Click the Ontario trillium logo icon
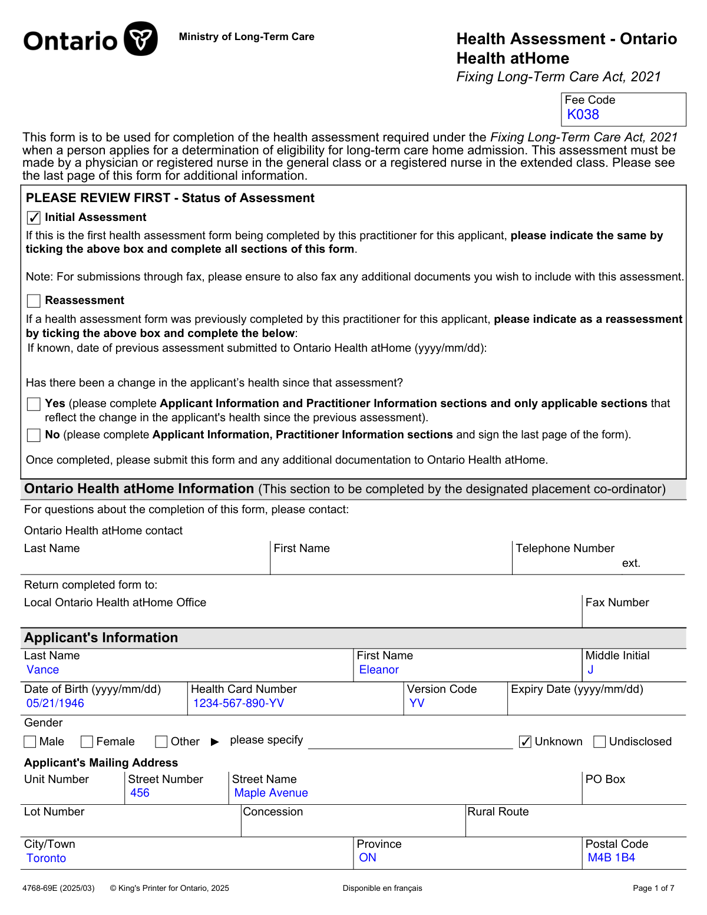click(x=141, y=39)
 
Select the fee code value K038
click(x=583, y=115)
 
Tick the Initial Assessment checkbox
click(x=34, y=218)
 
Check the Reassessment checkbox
click(x=34, y=301)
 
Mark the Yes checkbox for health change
click(x=34, y=404)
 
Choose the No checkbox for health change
click(x=34, y=435)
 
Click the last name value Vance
click(x=43, y=670)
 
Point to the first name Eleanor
click(x=379, y=670)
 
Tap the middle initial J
click(x=590, y=670)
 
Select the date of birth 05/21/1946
click(x=55, y=703)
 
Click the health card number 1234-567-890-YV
click(x=239, y=703)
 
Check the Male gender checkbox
click(x=30, y=742)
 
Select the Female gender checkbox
click(x=87, y=742)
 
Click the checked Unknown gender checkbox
click(x=526, y=742)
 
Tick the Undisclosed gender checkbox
click(x=600, y=742)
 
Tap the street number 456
click(x=140, y=793)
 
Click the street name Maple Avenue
click(x=271, y=793)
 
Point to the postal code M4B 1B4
click(x=611, y=858)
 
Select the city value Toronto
click(x=47, y=858)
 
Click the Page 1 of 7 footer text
click(x=653, y=888)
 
